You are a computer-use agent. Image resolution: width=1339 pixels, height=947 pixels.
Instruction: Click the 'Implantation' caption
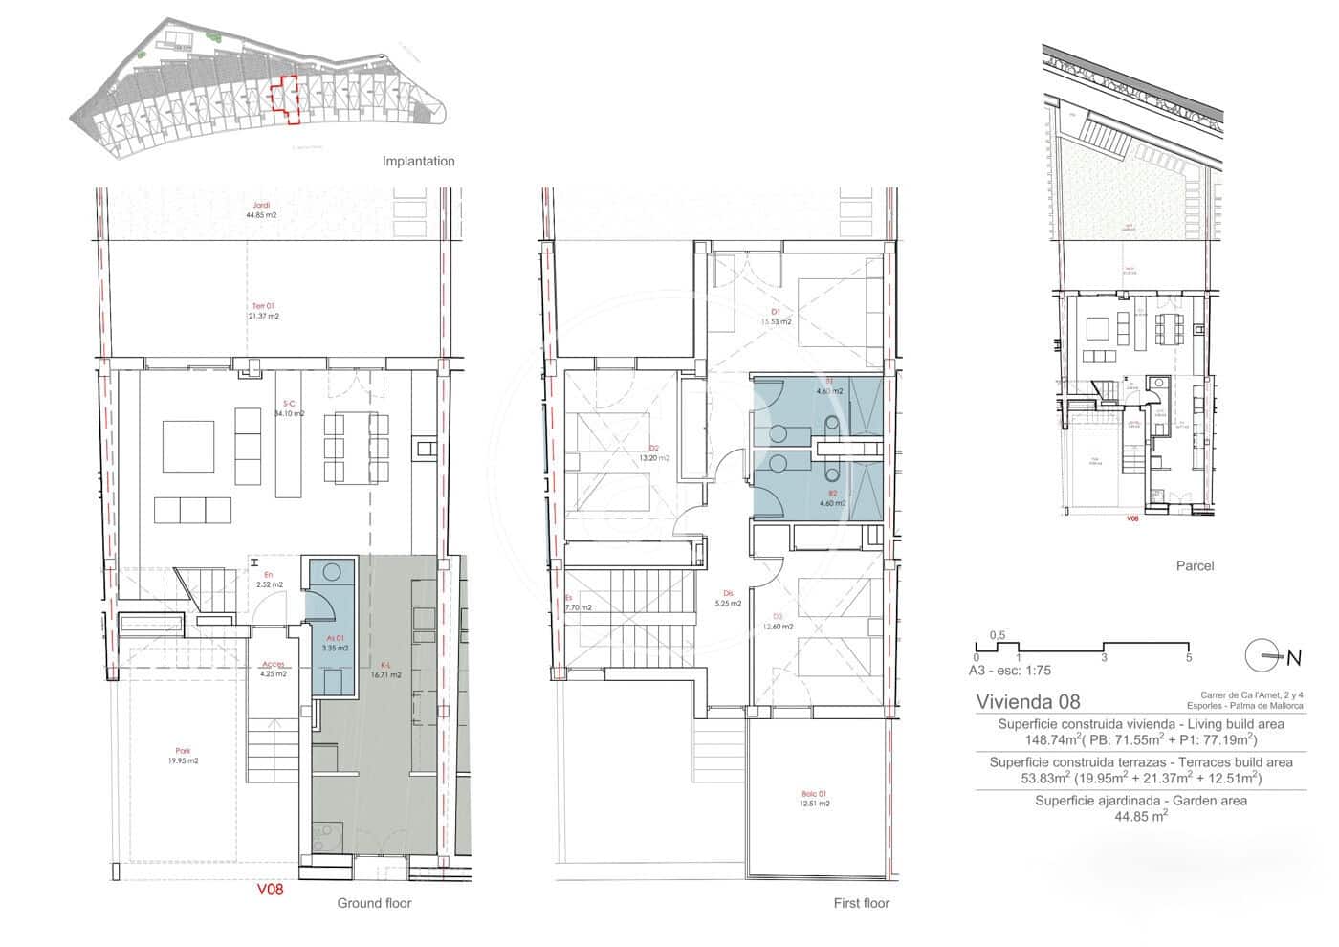(x=418, y=161)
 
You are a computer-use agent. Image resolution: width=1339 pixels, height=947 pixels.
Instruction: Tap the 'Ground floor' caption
(x=373, y=903)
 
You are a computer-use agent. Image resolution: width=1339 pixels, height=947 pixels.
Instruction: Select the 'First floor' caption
(x=861, y=903)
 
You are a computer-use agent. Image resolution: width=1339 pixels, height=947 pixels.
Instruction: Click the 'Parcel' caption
(x=1195, y=565)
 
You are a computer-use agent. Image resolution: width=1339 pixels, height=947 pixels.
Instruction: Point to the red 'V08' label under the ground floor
(x=271, y=889)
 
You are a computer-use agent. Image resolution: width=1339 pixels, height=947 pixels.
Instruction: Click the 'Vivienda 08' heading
(x=1027, y=701)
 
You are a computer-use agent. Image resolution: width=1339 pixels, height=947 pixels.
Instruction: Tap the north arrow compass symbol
(x=1264, y=656)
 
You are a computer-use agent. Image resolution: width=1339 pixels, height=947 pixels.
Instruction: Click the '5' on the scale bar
(x=1188, y=657)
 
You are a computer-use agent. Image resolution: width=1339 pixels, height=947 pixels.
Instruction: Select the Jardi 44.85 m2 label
(x=261, y=210)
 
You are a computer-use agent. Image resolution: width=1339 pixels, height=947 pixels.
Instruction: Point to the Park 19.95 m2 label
(x=182, y=756)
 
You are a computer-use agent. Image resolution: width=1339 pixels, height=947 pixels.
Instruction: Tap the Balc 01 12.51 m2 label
(x=815, y=799)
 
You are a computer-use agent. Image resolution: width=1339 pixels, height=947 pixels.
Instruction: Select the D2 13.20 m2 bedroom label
(x=654, y=453)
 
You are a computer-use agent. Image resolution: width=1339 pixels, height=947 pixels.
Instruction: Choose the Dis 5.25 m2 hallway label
(x=729, y=598)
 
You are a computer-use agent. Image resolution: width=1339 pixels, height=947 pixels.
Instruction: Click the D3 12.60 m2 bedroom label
(x=779, y=622)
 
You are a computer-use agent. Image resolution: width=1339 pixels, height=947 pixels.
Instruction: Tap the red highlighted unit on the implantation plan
(x=286, y=99)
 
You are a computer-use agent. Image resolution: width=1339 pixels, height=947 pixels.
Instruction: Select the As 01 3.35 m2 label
(x=334, y=643)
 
